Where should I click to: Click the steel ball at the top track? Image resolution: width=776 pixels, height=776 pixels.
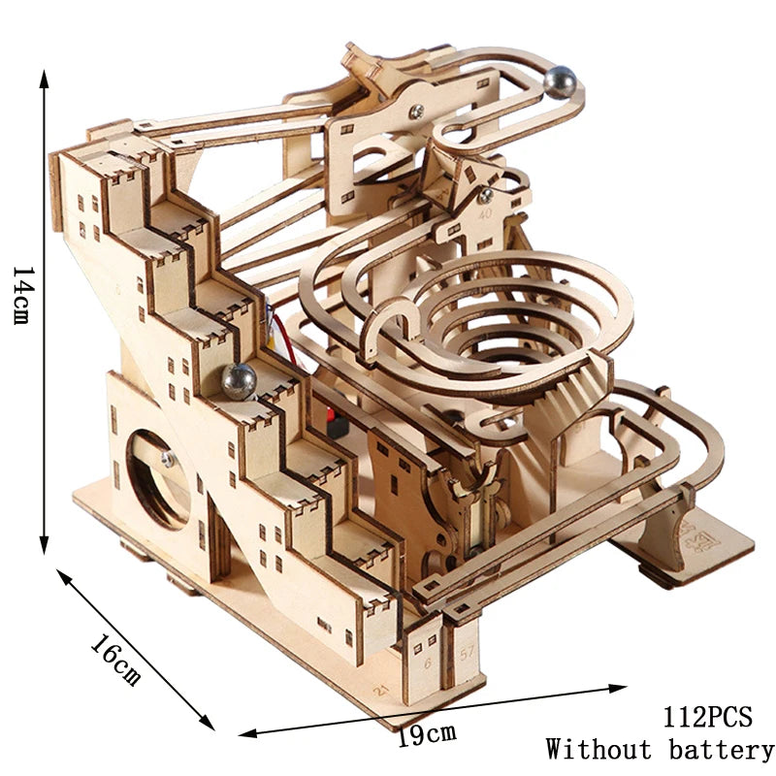[x=561, y=82]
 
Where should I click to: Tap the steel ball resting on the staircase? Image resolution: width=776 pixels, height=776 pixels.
[x=239, y=381]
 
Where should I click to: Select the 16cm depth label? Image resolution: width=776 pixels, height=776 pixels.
[x=114, y=659]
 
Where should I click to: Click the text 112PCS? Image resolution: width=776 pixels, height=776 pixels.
[x=707, y=716]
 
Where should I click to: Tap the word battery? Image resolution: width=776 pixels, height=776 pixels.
[x=721, y=750]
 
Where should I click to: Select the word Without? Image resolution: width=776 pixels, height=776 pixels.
[x=598, y=749]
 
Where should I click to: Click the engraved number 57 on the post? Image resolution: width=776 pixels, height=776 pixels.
[x=467, y=654]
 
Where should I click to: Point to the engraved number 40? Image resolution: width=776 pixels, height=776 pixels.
[x=486, y=213]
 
